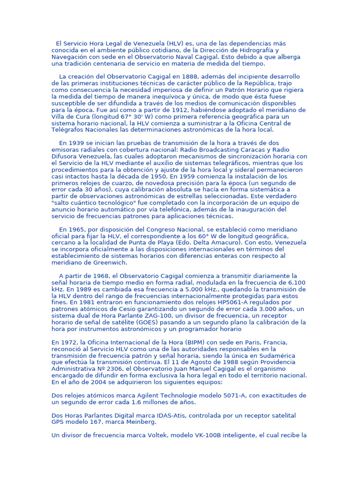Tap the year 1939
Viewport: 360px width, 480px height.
(76, 143)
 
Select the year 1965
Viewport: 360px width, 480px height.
(76, 229)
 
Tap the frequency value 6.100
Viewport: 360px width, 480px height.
(294, 283)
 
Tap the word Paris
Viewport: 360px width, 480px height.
(238, 342)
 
